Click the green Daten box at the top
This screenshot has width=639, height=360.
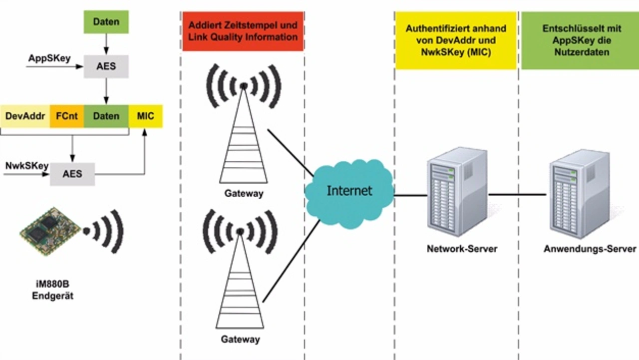(x=106, y=22)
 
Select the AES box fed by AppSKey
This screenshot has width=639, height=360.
(x=106, y=66)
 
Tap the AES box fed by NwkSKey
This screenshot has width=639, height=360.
(x=72, y=174)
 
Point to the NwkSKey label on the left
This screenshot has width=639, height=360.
(x=26, y=166)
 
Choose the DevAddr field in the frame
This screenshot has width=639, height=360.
(x=25, y=116)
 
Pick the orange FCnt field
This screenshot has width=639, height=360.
(x=67, y=116)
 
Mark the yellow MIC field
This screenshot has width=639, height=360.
(x=145, y=116)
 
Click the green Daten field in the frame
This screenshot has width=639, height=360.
(x=106, y=116)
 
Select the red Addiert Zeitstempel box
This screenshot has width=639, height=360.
(x=243, y=31)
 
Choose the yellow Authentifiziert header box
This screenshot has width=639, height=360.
(x=456, y=40)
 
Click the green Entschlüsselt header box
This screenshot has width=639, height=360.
(x=582, y=40)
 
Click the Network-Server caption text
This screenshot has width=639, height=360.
(x=462, y=248)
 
